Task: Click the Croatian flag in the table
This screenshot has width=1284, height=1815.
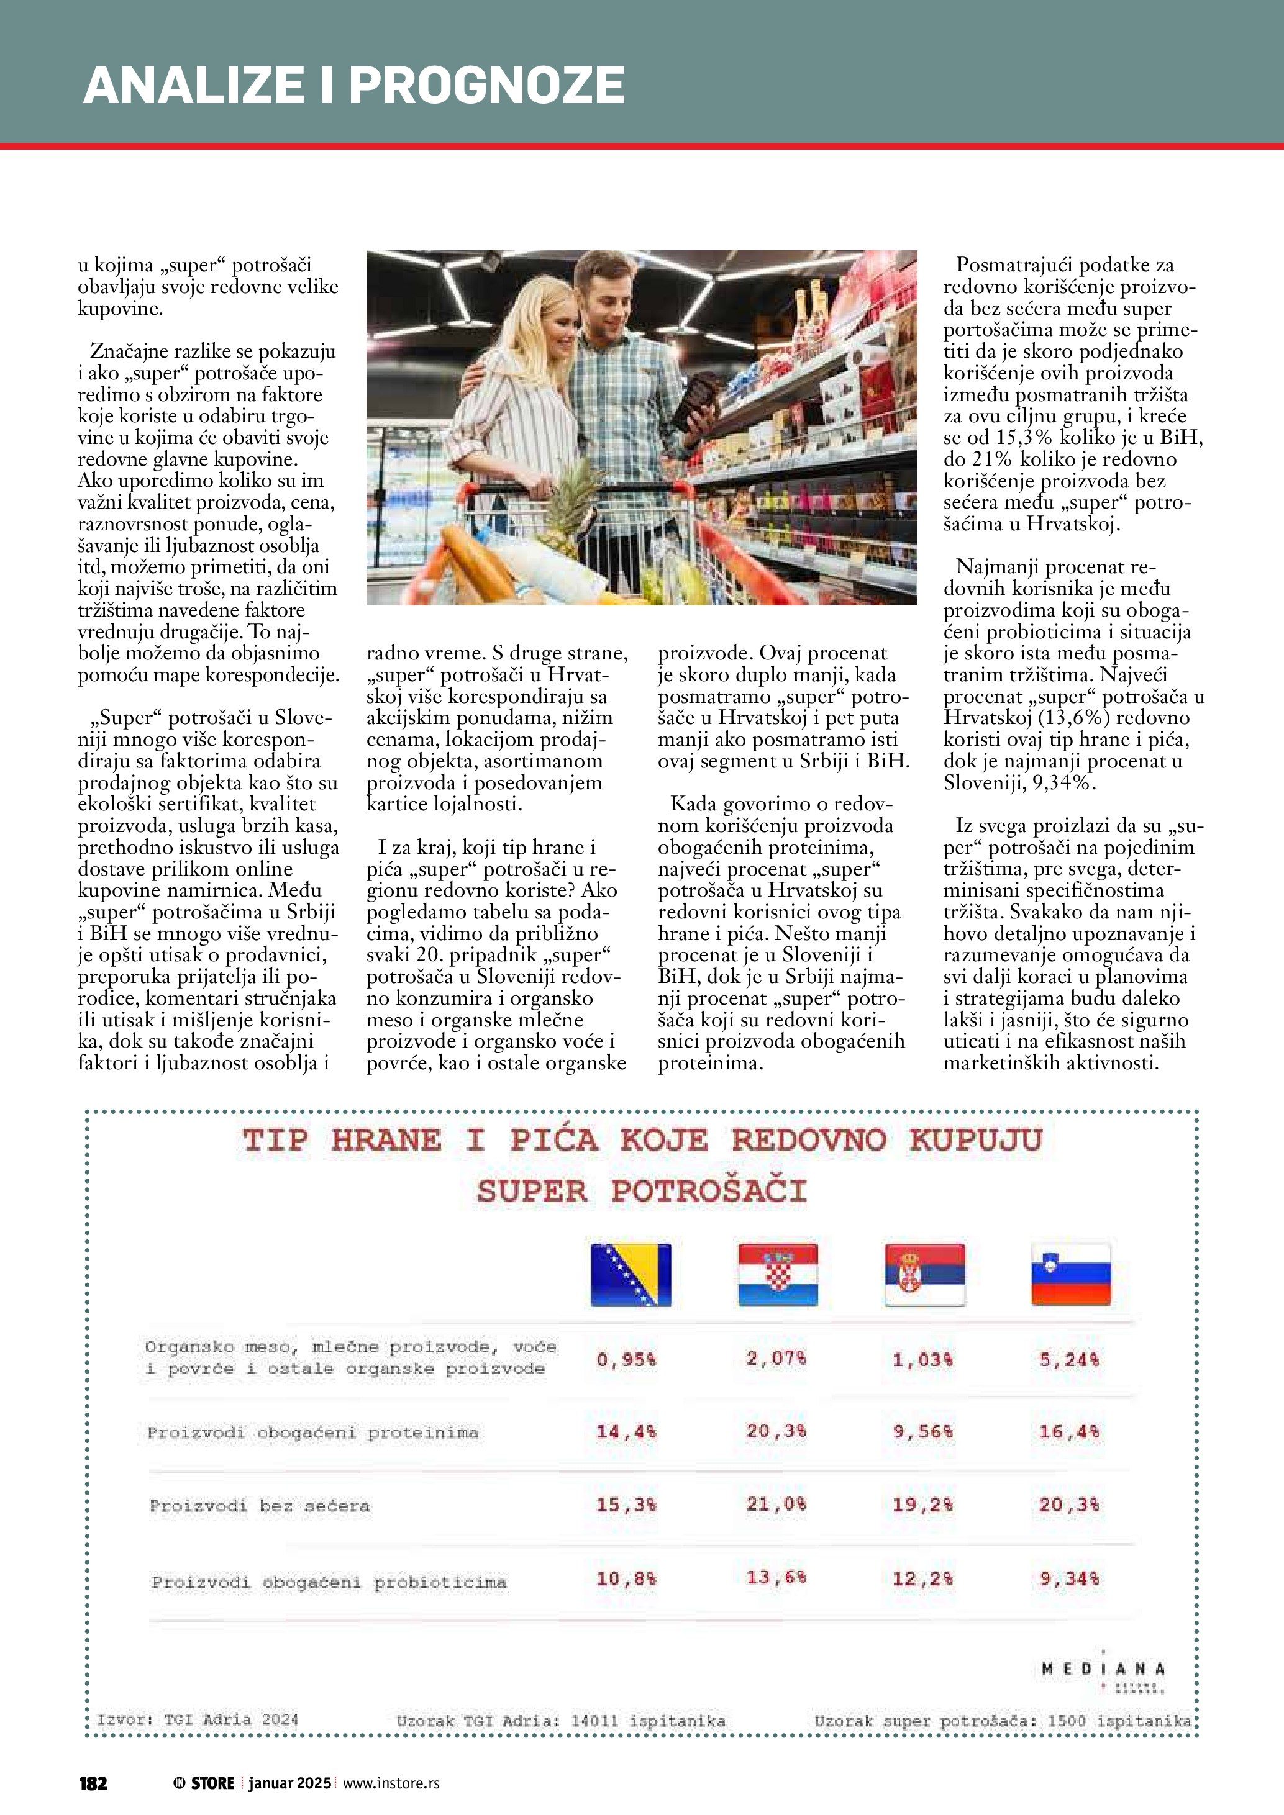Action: click(x=778, y=1274)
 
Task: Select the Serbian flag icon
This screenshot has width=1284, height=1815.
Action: click(x=924, y=1274)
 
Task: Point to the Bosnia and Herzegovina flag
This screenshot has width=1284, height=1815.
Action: click(x=631, y=1274)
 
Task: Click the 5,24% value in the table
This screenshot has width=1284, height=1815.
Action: click(x=1069, y=1360)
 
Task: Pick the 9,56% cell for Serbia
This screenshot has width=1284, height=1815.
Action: click(x=922, y=1432)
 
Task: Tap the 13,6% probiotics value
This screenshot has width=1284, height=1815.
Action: click(x=776, y=1577)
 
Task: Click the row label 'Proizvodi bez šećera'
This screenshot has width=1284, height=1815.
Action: click(x=259, y=1505)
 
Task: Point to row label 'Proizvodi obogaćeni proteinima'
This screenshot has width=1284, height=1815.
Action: click(x=313, y=1433)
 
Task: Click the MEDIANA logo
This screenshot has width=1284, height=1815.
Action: click(x=1103, y=1670)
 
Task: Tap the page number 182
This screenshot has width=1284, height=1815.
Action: click(x=93, y=1783)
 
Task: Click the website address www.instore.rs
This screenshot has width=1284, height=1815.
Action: click(x=391, y=1783)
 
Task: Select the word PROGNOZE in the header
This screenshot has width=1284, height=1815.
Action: click(x=487, y=85)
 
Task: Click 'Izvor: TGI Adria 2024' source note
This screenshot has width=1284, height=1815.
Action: click(x=198, y=1719)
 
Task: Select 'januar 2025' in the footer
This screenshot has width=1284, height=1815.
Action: click(x=289, y=1783)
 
